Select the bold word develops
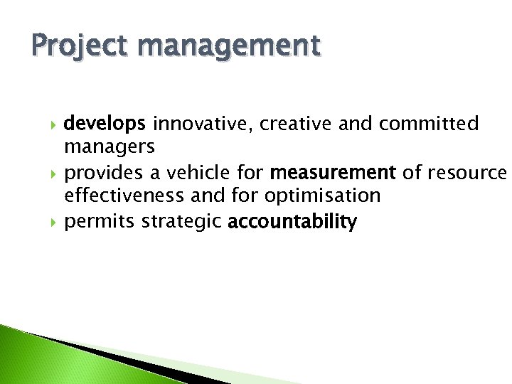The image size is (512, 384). pos(105,124)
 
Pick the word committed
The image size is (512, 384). pos(429,124)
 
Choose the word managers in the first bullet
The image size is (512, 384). pos(109,148)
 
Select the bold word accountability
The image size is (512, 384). pos(292,222)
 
